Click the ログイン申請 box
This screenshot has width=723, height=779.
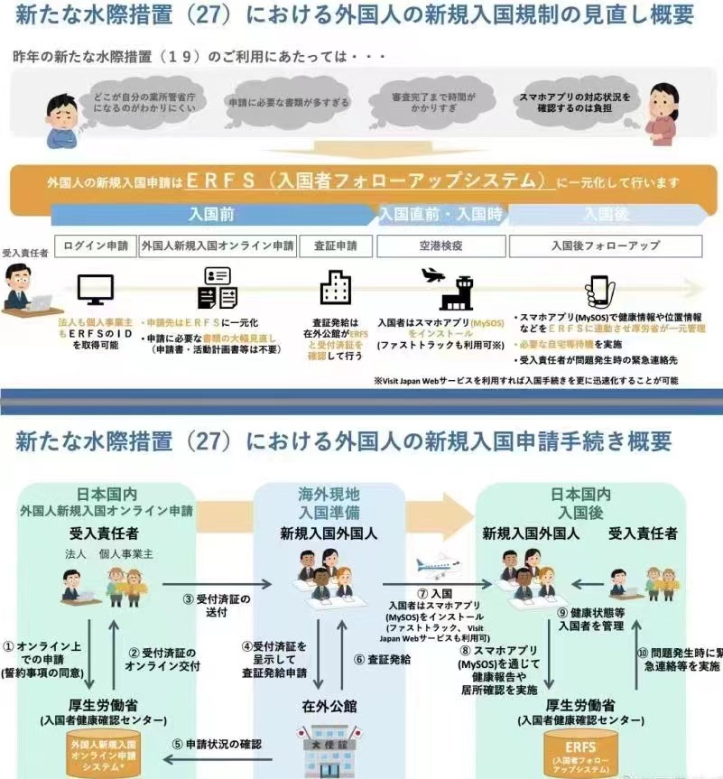tap(95, 246)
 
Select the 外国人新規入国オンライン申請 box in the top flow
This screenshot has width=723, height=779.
tap(218, 246)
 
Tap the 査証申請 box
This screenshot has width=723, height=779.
tap(335, 246)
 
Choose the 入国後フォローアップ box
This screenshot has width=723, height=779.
tap(605, 246)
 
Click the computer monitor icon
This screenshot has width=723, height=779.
tap(95, 289)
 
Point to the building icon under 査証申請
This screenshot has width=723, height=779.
tap(335, 287)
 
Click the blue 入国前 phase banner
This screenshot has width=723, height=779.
tap(213, 215)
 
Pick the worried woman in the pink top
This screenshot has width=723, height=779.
tap(663, 113)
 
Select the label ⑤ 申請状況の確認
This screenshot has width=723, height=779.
tap(217, 744)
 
